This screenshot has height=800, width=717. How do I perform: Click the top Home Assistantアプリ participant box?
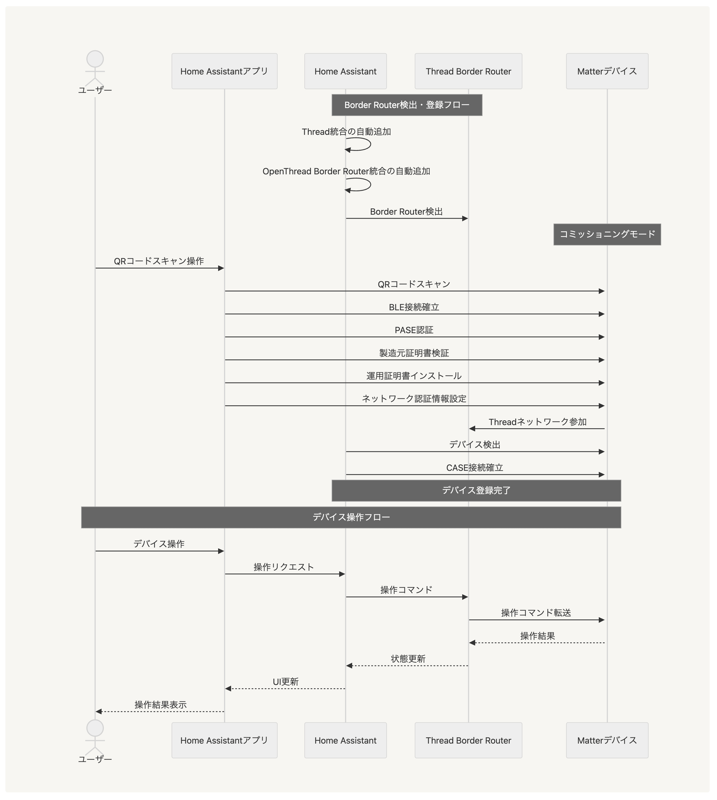coord(224,71)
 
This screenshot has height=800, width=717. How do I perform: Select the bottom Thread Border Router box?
coord(468,740)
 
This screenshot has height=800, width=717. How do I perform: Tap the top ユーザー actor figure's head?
coord(95,59)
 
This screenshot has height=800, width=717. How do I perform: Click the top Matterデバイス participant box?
coord(607,71)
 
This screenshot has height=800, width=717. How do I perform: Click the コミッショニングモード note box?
coord(607,234)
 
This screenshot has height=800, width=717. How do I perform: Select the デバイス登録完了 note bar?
coord(476,490)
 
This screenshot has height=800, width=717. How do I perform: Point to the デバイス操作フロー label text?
coord(351,517)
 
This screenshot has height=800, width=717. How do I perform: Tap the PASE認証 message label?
coord(414,330)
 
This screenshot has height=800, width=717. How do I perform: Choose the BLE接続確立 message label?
coord(414,307)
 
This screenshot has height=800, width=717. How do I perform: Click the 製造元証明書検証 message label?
coord(414,353)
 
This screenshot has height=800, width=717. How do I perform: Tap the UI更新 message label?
coord(286,682)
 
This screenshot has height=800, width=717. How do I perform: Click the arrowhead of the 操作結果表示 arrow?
coord(99,711)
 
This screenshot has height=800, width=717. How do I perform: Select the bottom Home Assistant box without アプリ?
coord(345,740)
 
